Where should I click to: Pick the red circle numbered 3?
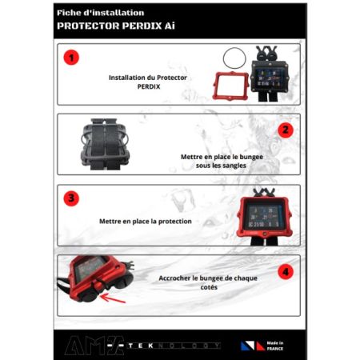[73, 198]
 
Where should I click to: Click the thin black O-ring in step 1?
[234, 58]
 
